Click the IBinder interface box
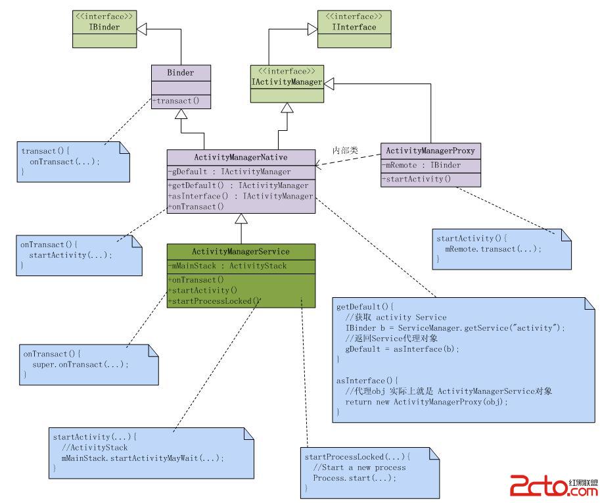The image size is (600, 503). point(104,28)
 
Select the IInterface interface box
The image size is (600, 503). point(354,28)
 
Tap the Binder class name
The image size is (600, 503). point(181,72)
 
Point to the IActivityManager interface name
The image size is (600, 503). point(287,82)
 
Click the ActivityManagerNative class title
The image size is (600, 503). point(241,157)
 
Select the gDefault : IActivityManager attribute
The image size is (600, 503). point(230,172)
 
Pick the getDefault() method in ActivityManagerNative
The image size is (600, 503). point(238,185)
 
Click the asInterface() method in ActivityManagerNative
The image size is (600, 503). point(241,196)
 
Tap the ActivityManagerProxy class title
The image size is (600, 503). point(430,151)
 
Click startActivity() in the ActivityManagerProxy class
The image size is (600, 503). point(417,179)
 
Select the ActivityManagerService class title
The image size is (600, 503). point(241,251)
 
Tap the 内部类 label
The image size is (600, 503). point(345,150)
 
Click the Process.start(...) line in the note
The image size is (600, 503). point(355,478)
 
